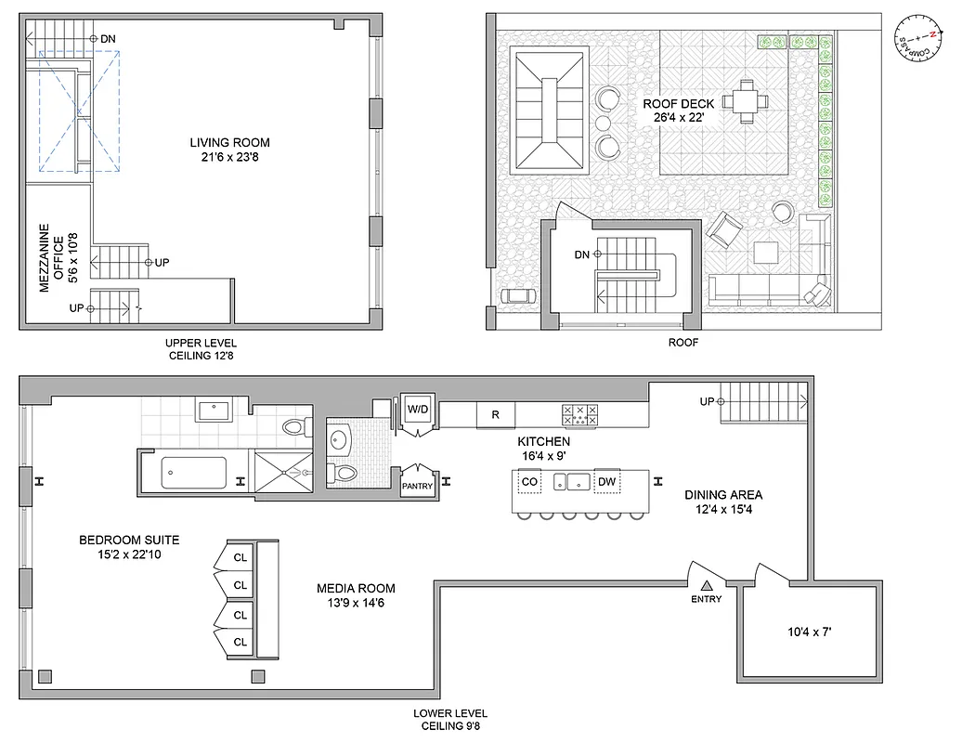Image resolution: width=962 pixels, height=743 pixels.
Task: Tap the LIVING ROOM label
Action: tap(229, 150)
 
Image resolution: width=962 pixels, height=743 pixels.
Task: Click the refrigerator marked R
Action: tap(495, 415)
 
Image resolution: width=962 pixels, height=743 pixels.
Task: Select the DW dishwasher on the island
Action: tap(608, 481)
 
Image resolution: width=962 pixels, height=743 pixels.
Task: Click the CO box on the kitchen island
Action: tap(529, 481)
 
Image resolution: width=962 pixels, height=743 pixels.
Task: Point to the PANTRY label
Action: tap(414, 485)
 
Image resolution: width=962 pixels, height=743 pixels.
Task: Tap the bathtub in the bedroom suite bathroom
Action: tap(194, 473)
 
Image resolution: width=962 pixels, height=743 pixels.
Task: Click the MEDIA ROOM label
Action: tap(356, 594)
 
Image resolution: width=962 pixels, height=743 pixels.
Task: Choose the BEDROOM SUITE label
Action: tap(129, 546)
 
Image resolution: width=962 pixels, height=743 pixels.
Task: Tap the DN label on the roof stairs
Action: tap(583, 254)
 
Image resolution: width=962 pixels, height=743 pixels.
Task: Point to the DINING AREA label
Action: tap(723, 502)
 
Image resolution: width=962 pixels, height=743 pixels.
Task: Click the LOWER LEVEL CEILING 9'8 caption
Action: tap(450, 720)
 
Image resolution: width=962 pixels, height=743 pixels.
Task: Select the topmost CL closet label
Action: tap(240, 556)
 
